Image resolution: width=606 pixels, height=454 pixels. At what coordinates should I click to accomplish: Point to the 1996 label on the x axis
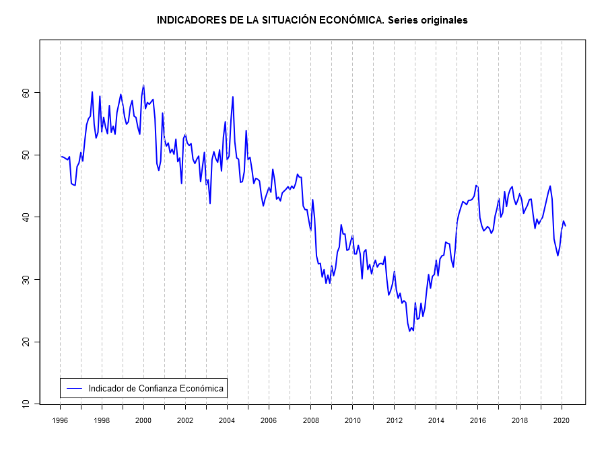tap(60, 420)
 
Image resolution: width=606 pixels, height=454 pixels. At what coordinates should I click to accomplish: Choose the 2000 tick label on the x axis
tap(143, 420)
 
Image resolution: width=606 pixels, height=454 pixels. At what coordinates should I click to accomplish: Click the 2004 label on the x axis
tap(227, 420)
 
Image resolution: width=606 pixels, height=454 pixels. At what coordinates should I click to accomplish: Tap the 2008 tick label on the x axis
tap(310, 420)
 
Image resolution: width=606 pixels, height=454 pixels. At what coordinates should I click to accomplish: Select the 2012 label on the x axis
tap(394, 420)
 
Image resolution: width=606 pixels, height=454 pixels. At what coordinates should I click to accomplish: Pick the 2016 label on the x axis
tap(477, 420)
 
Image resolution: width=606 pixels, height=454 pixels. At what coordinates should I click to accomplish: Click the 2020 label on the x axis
tap(561, 420)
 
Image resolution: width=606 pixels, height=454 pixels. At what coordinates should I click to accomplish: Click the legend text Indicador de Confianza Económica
tap(156, 388)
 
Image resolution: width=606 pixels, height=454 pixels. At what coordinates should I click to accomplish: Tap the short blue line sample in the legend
tap(74, 388)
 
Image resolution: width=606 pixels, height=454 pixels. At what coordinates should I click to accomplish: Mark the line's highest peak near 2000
tap(143, 86)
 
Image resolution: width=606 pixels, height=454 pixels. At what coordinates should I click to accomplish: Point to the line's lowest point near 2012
tap(410, 331)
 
